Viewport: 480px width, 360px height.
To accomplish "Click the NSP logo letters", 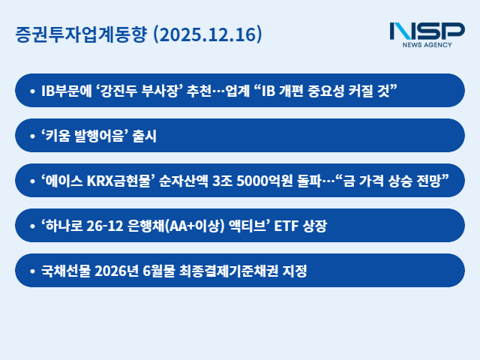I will click(427, 31).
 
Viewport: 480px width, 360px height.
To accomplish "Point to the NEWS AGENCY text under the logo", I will click(427, 46).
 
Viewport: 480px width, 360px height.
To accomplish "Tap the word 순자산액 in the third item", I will click(184, 181).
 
